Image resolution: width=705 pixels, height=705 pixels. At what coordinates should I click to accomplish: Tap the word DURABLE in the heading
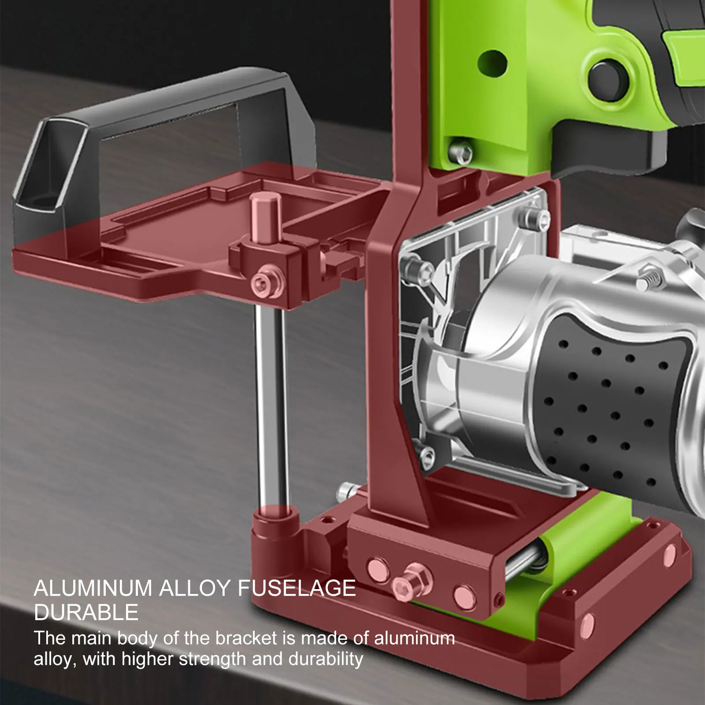point(86,612)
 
